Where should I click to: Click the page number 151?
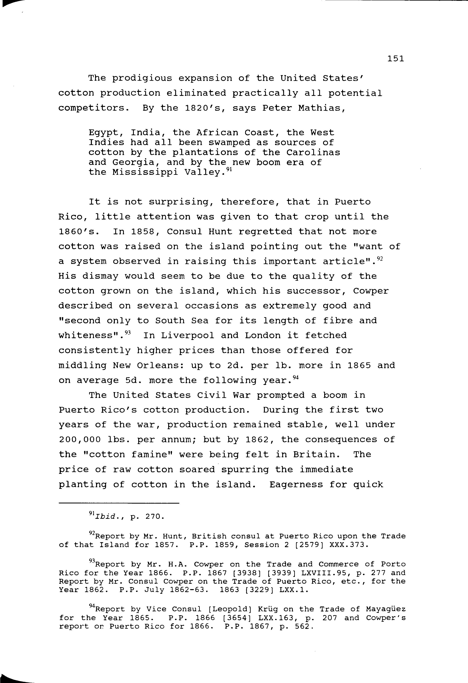[x=396, y=59]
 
